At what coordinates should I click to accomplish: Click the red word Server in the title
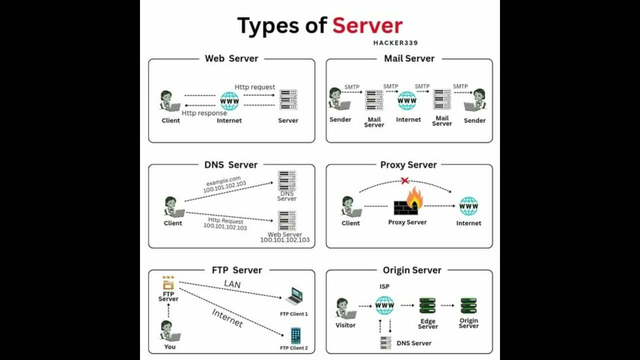[367, 25]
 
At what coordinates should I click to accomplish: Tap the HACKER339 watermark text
[395, 43]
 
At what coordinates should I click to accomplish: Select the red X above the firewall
[405, 180]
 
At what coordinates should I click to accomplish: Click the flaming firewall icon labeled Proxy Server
[408, 202]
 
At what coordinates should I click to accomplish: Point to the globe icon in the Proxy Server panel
[468, 206]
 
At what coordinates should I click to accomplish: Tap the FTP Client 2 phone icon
[295, 335]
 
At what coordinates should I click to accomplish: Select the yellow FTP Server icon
[168, 283]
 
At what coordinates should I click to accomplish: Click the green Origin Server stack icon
[468, 306]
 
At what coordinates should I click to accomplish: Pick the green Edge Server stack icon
[427, 306]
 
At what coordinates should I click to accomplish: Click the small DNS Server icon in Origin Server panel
[385, 343]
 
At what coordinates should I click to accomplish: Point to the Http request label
[255, 87]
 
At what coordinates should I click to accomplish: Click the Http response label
[204, 113]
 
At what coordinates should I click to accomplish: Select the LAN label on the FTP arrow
[232, 284]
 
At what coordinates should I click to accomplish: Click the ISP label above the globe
[384, 286]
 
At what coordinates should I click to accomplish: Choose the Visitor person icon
[344, 308]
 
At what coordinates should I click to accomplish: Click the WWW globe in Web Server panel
[229, 101]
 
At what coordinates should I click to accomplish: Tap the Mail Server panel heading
[409, 58]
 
